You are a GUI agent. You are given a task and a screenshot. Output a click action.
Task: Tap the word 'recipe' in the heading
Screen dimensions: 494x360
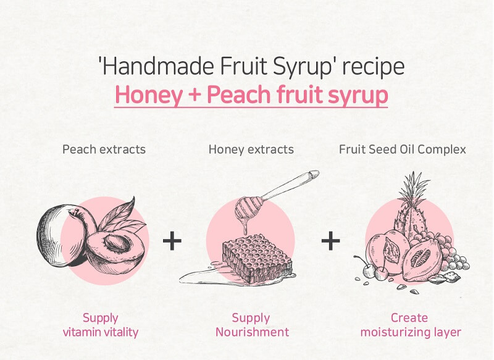click(x=374, y=67)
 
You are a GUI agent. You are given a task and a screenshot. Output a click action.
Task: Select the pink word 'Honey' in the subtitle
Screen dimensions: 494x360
click(x=149, y=95)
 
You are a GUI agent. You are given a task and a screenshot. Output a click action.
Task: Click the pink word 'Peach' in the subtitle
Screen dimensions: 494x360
click(x=238, y=94)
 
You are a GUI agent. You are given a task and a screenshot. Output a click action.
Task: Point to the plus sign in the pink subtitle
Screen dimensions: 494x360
click(x=195, y=94)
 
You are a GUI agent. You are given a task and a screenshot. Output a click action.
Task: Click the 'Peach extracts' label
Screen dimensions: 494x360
click(x=104, y=149)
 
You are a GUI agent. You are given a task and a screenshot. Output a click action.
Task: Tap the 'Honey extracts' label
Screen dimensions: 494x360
click(x=251, y=149)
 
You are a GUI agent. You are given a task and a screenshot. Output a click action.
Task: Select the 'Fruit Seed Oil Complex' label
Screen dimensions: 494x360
click(x=403, y=149)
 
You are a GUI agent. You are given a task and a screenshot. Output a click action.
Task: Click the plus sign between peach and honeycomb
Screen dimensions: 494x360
click(x=172, y=241)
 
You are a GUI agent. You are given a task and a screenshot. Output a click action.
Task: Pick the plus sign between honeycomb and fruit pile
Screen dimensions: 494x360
click(x=330, y=241)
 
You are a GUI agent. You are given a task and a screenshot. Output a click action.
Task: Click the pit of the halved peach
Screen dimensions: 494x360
click(x=118, y=243)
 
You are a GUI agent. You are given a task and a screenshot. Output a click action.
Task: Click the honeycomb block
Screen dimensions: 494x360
click(x=257, y=257)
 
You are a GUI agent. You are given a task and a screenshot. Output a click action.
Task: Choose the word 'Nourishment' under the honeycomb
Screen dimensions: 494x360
click(x=252, y=332)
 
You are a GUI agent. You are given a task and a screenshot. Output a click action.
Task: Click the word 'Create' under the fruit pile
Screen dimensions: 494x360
click(x=409, y=318)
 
